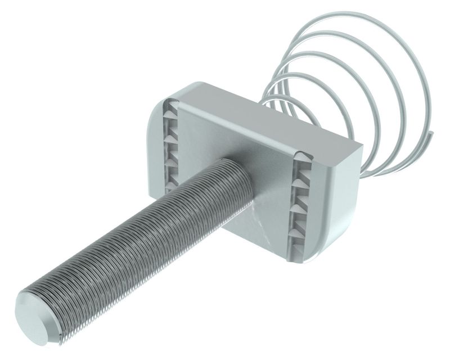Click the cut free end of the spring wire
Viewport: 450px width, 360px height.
point(433,134)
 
